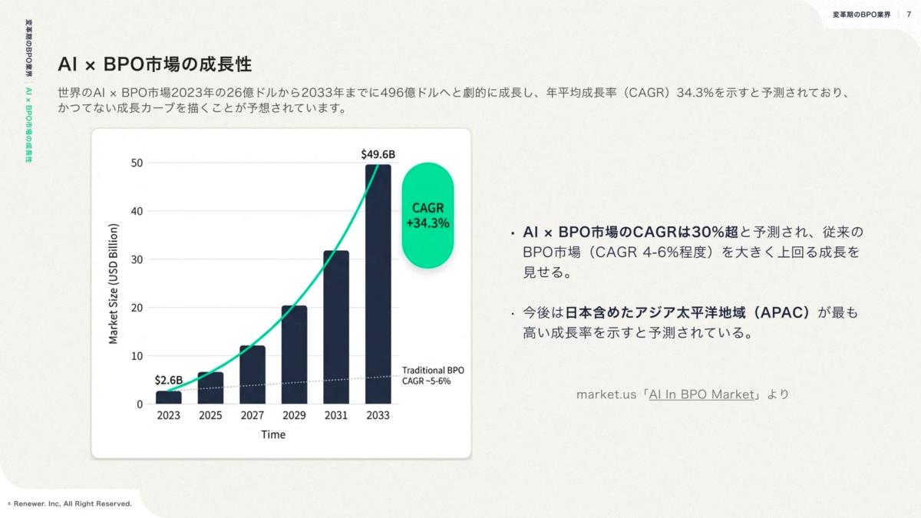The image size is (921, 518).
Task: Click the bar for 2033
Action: tap(378, 284)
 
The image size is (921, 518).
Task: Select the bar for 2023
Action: tap(169, 398)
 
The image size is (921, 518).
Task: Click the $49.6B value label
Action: tap(378, 154)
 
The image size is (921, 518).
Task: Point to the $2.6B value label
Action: tap(168, 380)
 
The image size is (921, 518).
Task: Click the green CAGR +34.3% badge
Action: tap(427, 216)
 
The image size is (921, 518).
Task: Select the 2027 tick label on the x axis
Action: tap(253, 416)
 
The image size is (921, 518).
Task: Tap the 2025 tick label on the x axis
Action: tap(210, 416)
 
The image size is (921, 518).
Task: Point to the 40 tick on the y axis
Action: tap(137, 211)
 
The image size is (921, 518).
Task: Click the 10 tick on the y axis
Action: tap(137, 356)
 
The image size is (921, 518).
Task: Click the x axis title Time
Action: tap(272, 435)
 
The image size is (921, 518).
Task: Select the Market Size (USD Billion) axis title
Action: tap(114, 284)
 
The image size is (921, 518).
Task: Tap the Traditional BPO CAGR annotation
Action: tap(433, 375)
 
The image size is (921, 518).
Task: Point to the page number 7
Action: tap(909, 15)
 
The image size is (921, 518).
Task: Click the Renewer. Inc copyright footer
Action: tap(70, 504)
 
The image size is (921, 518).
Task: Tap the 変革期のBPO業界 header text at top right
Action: tap(861, 15)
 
